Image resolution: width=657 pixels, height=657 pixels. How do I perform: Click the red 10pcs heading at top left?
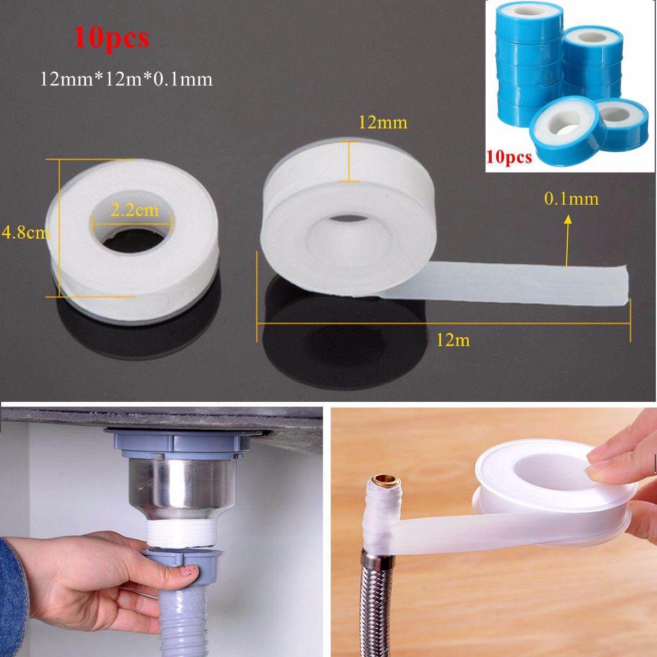point(111,39)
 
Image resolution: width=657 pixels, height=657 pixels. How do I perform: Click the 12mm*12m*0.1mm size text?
point(126,80)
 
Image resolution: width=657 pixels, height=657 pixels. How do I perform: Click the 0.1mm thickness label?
point(572,199)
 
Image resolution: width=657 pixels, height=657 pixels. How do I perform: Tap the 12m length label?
point(453,340)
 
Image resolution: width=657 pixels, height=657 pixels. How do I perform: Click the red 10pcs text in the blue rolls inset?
point(509,157)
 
